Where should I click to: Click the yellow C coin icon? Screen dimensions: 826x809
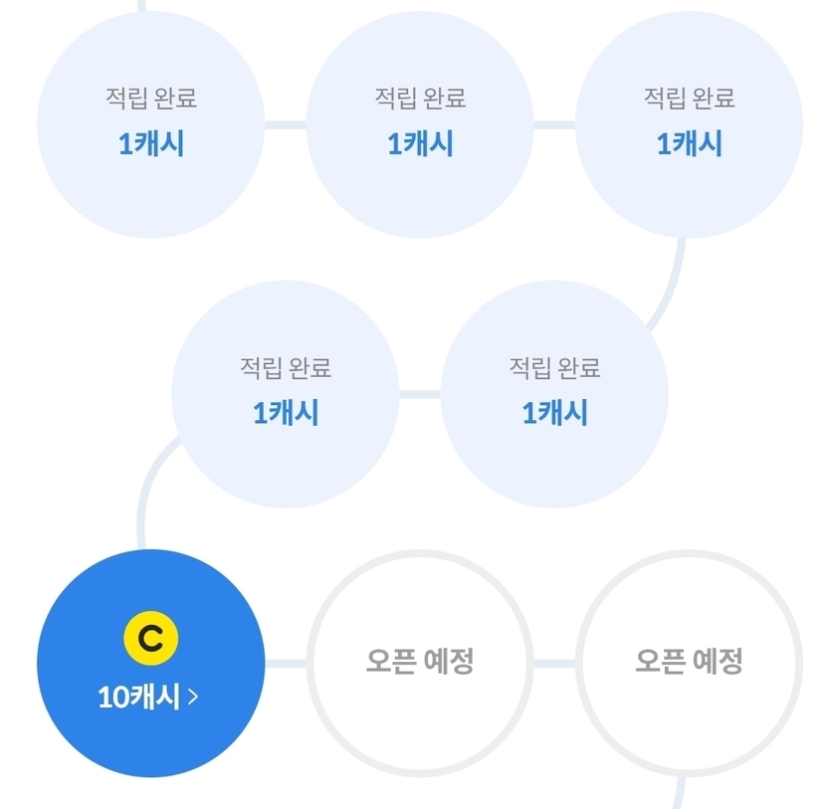coord(150,638)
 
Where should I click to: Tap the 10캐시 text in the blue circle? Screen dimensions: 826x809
coord(139,697)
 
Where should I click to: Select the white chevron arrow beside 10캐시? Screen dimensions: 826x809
coord(193,697)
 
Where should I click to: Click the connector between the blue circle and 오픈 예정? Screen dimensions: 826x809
coord(286,663)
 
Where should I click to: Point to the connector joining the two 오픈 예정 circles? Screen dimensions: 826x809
coord(554,663)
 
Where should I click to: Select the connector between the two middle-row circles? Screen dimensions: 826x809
coord(420,394)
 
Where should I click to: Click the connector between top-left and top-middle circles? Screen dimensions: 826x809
coord(286,124)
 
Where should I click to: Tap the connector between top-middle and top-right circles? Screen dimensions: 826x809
coord(554,124)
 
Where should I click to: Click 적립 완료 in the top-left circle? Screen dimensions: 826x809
coord(151,98)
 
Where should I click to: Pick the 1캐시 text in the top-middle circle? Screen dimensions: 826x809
coord(420,143)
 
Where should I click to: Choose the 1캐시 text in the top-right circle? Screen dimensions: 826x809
coord(689,143)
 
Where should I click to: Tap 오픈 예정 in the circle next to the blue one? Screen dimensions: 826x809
coord(420,661)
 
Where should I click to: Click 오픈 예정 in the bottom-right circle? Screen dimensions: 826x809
coord(689,661)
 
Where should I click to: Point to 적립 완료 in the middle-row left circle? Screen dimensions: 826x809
coord(286,367)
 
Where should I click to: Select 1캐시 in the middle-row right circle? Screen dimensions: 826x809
coord(554,413)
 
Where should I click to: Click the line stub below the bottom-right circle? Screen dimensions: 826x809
coord(680,792)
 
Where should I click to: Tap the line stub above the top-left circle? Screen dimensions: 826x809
coord(141,6)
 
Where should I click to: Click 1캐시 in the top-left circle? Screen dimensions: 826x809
coord(151,143)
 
